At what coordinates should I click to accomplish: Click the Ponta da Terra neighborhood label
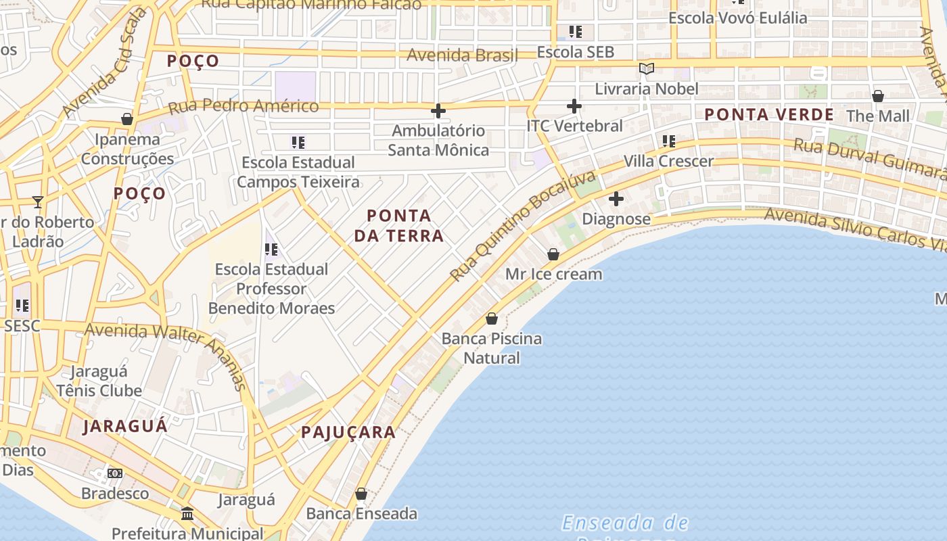point(399,226)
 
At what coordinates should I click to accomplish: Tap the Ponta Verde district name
point(769,114)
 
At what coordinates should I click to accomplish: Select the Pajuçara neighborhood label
point(348,433)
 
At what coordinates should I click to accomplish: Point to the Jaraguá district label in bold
point(125,426)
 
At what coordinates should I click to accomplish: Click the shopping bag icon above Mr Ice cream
point(553,254)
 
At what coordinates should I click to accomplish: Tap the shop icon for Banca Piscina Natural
point(492,319)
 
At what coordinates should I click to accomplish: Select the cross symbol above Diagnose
point(616,199)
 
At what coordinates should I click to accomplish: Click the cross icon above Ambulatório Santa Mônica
point(438,110)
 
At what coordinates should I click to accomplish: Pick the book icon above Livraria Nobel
point(647,68)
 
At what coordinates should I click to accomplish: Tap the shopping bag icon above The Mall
point(878,96)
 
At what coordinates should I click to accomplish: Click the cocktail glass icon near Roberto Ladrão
point(38,202)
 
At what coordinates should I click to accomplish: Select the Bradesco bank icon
point(115,473)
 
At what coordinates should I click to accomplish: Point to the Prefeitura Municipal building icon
point(187,514)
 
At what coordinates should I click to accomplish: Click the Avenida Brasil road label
point(463,55)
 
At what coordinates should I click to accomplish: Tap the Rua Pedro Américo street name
point(243,106)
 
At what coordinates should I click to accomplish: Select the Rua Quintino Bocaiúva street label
point(524,226)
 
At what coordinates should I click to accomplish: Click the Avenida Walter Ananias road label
point(166,348)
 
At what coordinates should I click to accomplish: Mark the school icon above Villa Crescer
point(669,141)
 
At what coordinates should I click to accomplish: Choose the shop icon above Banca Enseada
point(361,494)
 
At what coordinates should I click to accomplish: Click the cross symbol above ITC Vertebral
point(574,106)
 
